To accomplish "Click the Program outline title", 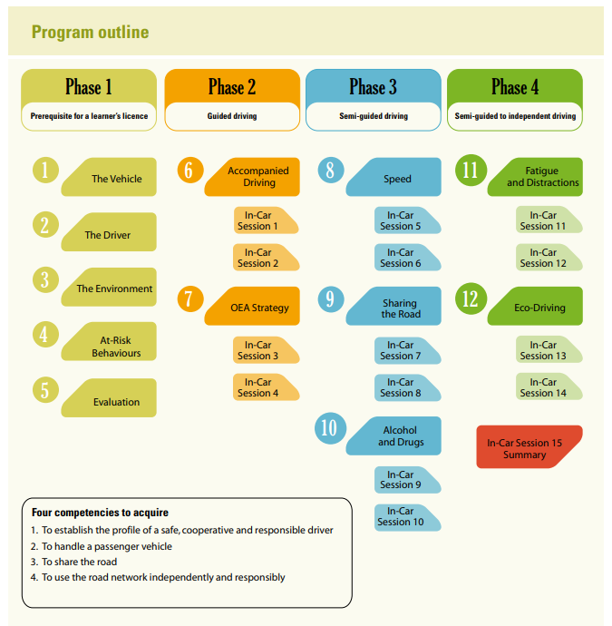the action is point(90,32).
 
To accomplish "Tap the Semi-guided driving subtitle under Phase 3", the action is point(374,116).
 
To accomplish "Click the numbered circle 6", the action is point(190,170).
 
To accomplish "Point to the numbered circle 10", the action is point(330,428).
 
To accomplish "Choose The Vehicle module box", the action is point(109,177).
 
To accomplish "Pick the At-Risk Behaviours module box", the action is point(109,341).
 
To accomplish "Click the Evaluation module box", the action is point(109,398).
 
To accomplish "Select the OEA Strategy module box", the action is point(252,306).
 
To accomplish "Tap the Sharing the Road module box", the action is point(393,306).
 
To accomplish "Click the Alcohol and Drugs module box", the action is point(393,436).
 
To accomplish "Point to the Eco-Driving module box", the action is point(535,306).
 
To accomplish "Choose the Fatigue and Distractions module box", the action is point(535,177).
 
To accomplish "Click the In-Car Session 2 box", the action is point(266,258).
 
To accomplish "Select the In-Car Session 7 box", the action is point(408,350).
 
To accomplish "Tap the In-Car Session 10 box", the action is point(408,517).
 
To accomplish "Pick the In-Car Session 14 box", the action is point(549,386).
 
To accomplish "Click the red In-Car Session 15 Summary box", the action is point(529,446).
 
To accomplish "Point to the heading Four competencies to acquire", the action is point(100,513).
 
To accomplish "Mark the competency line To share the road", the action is point(73,562).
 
